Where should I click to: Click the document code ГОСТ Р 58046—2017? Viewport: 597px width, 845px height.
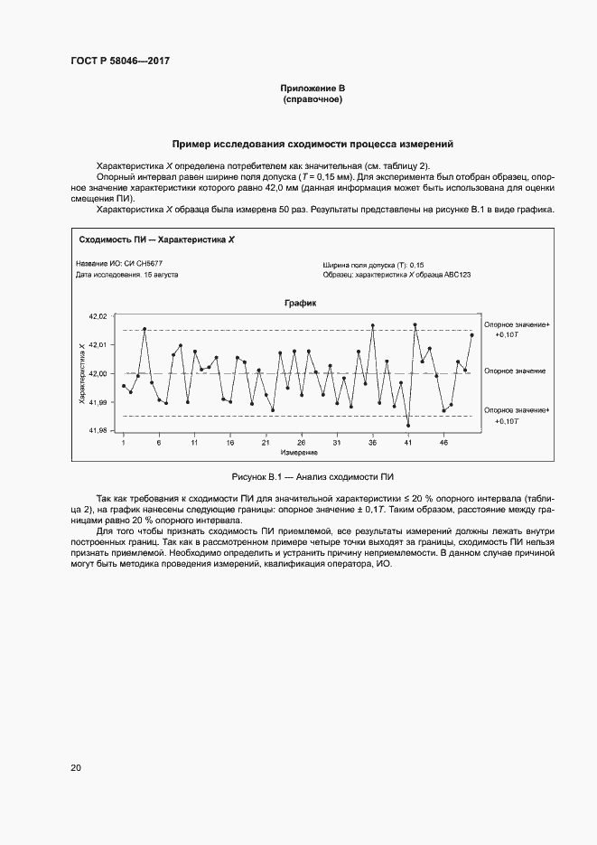pyautogui.click(x=120, y=61)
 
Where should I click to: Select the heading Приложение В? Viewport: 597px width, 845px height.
pyautogui.click(x=312, y=88)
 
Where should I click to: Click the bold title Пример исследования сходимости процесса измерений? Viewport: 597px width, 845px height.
pyautogui.click(x=312, y=144)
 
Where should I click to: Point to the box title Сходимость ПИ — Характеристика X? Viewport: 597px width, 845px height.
pyautogui.click(x=156, y=240)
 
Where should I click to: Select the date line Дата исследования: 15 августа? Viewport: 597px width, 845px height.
pyautogui.click(x=126, y=274)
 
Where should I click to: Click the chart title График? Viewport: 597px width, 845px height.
pyautogui.click(x=300, y=305)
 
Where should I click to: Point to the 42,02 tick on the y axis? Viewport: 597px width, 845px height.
pyautogui.click(x=98, y=316)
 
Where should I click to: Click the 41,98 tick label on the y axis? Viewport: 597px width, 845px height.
pyautogui.click(x=98, y=431)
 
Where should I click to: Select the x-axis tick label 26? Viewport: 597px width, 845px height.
pyautogui.click(x=301, y=443)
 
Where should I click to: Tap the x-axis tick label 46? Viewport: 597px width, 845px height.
pyautogui.click(x=443, y=443)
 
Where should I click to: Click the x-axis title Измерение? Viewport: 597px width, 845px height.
pyautogui.click(x=298, y=452)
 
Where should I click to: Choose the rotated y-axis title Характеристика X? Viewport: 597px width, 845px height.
pyautogui.click(x=82, y=372)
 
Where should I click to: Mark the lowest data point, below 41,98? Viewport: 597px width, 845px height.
pyautogui.click(x=408, y=425)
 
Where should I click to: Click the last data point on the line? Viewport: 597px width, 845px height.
pyautogui.click(x=471, y=334)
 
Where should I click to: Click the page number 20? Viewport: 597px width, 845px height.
pyautogui.click(x=76, y=768)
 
